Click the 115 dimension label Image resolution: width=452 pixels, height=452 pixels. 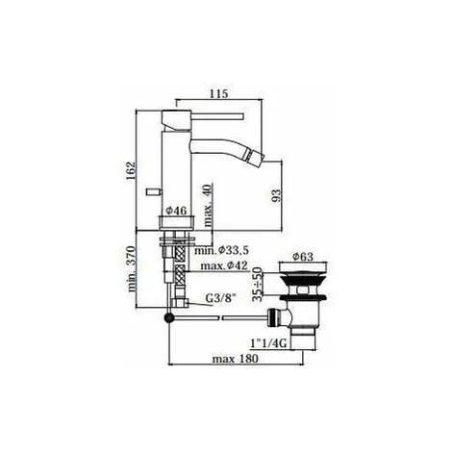pyautogui.click(x=219, y=94)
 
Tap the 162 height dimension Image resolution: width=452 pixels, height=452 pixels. pyautogui.click(x=131, y=170)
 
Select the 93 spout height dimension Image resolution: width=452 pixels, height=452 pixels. pyautogui.click(x=276, y=195)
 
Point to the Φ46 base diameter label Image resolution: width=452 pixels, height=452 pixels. pyautogui.click(x=176, y=211)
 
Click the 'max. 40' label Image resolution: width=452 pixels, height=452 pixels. pyautogui.click(x=208, y=206)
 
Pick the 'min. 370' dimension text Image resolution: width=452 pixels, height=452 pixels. pyautogui.click(x=131, y=269)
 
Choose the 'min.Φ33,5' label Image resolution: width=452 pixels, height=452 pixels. pyautogui.click(x=221, y=250)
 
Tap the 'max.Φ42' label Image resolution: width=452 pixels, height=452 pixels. pyautogui.click(x=224, y=265)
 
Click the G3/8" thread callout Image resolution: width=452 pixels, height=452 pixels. pyautogui.click(x=220, y=298)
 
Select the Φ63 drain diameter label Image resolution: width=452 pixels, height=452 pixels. pyautogui.click(x=303, y=257)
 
